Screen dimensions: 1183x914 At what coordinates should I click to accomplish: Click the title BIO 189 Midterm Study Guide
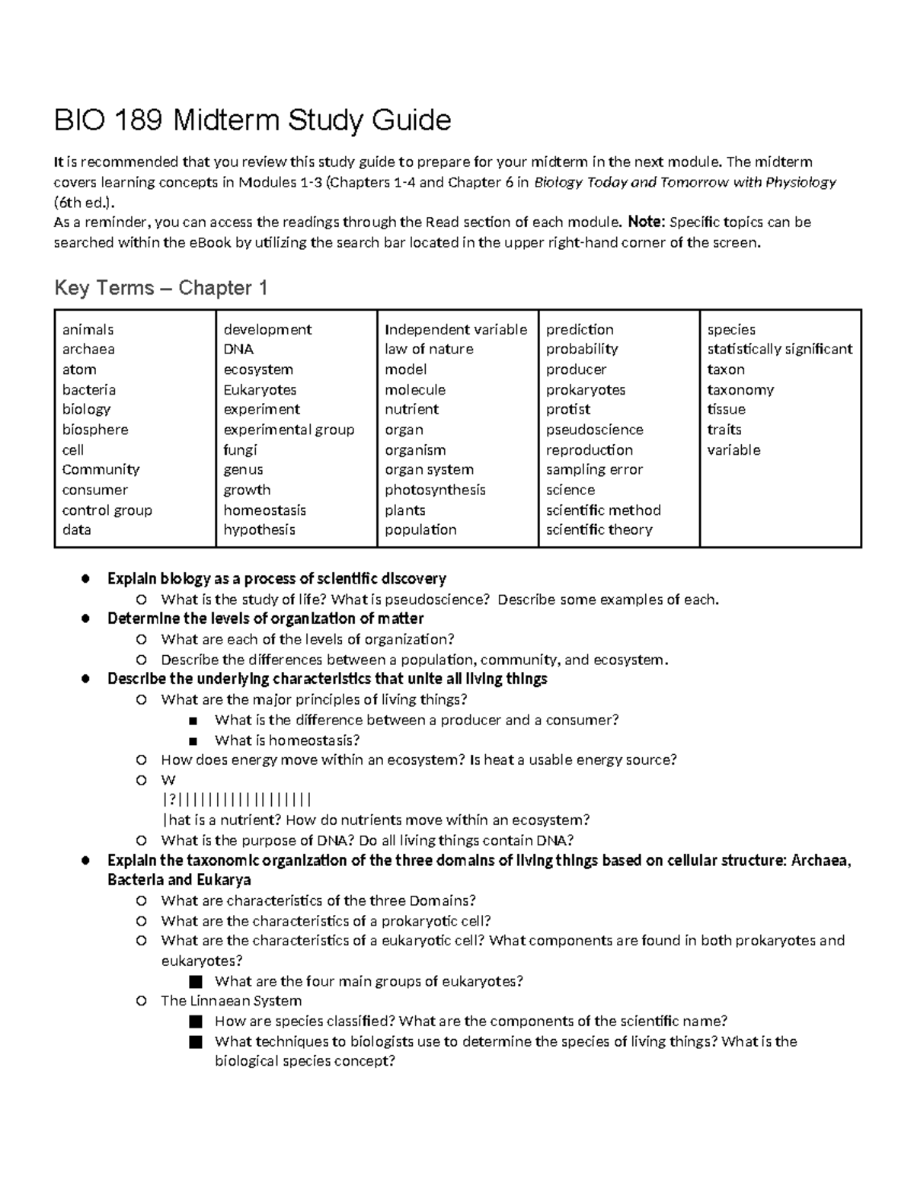(252, 120)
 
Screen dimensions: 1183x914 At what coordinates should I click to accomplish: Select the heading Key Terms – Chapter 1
(161, 288)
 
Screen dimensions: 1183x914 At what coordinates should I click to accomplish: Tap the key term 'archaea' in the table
(88, 350)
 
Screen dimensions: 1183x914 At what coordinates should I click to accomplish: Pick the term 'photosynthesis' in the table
(435, 490)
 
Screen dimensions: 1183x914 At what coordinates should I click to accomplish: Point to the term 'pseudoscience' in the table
(594, 430)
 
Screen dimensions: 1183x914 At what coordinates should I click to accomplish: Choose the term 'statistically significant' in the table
(779, 350)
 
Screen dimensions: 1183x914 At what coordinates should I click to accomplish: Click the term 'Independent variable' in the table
(455, 330)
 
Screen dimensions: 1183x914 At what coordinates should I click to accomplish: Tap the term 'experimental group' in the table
(289, 430)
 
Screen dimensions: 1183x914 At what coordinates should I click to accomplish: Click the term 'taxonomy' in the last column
(740, 390)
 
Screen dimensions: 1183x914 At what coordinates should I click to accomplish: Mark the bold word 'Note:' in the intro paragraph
(646, 222)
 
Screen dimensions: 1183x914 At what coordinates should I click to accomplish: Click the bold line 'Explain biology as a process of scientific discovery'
(276, 579)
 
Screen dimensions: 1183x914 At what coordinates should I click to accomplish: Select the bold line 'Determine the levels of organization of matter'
(265, 619)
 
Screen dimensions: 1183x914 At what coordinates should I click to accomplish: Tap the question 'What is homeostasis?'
(287, 740)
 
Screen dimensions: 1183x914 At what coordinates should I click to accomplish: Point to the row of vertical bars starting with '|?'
(237, 800)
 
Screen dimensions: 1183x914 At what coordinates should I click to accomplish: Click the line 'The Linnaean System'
(231, 1001)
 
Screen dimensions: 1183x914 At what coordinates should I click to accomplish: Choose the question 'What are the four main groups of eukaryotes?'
(369, 981)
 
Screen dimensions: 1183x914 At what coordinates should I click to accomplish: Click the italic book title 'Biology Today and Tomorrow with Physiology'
(685, 183)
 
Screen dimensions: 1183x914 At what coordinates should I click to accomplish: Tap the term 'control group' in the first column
(107, 510)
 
